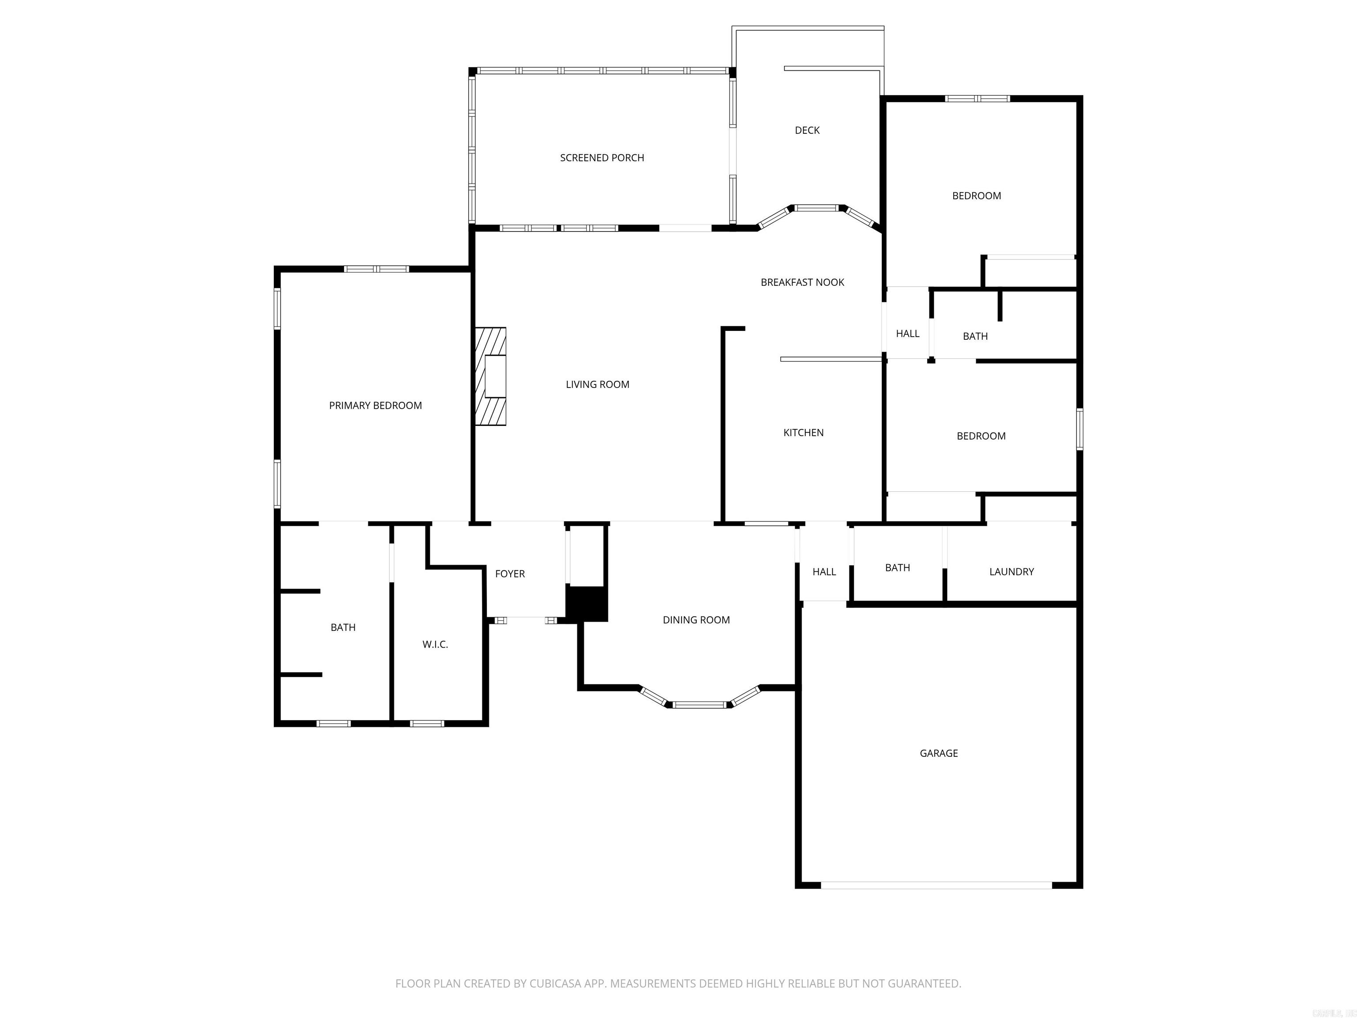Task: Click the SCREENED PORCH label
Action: pos(602,158)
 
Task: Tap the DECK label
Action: pos(807,130)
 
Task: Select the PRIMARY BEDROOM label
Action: pos(375,406)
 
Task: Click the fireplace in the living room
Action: pos(491,376)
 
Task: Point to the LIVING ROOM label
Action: pos(598,385)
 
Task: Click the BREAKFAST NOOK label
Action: pos(803,282)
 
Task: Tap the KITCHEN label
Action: pos(803,433)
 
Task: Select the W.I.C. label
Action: pos(435,644)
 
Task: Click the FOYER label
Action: pos(510,574)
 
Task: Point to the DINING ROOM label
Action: pos(696,620)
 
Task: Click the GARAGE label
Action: pos(939,753)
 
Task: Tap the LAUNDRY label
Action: pos(1011,572)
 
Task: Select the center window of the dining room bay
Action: pos(699,704)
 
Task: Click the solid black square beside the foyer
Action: pos(587,604)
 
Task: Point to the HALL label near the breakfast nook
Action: pos(907,334)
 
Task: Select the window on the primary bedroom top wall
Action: pos(376,269)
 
